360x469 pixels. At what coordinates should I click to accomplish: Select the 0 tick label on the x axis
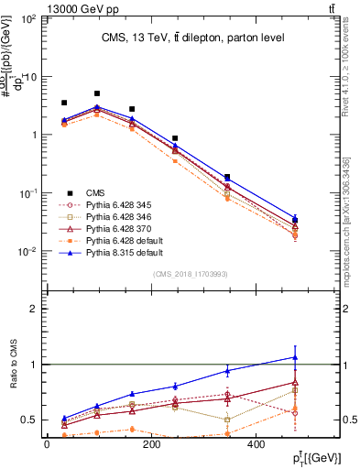[47, 445]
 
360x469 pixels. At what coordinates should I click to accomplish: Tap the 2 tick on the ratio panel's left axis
[42, 309]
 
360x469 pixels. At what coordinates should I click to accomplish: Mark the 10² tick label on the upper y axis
[29, 19]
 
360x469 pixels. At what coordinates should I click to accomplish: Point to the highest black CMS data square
[97, 93]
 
